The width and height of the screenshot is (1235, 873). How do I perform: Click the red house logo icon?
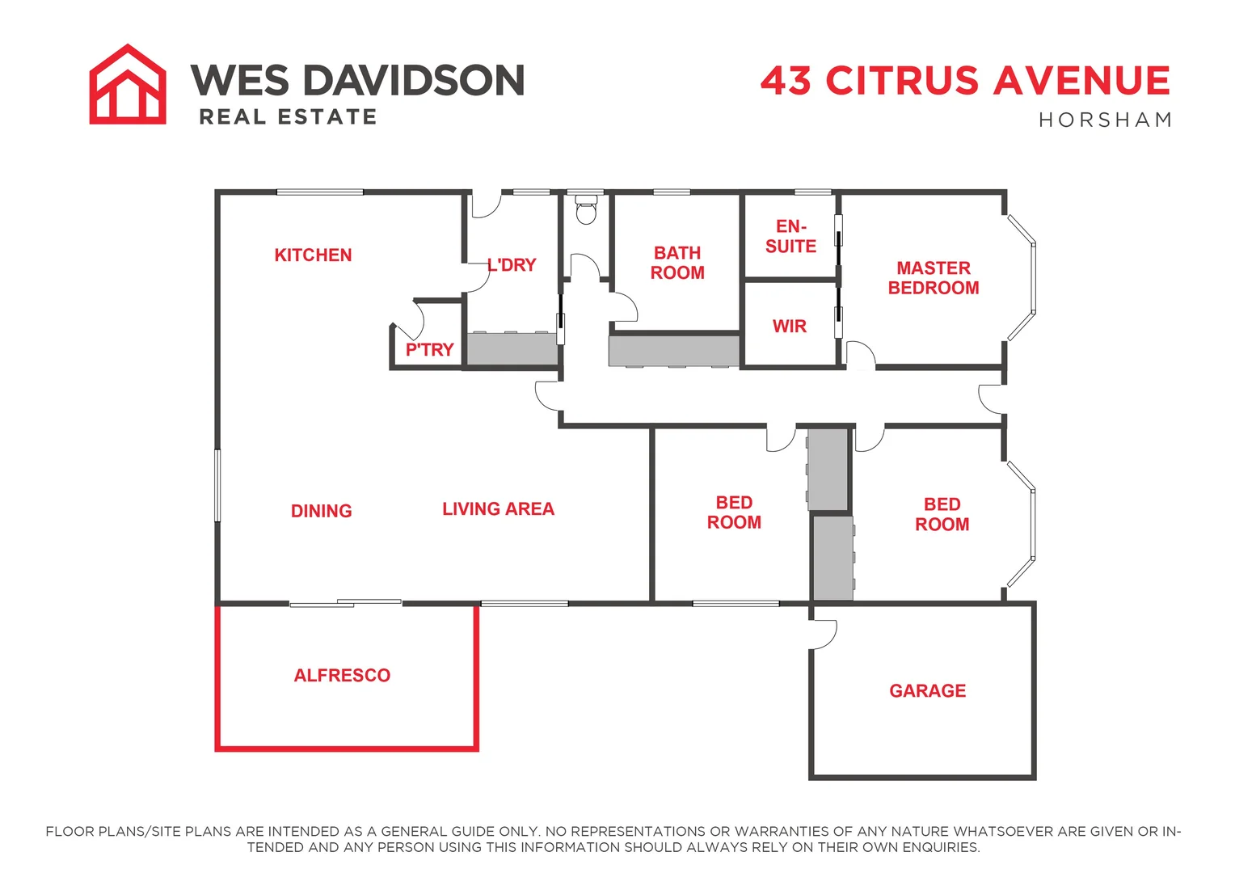(x=128, y=85)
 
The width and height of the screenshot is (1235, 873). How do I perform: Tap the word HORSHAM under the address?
(x=1105, y=120)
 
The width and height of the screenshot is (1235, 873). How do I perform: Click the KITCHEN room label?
(x=313, y=255)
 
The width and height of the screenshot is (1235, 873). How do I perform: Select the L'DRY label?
(x=512, y=265)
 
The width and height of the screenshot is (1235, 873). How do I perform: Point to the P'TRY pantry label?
(x=429, y=350)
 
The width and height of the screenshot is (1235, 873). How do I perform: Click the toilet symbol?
(x=585, y=211)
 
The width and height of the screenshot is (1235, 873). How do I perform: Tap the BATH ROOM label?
(x=677, y=264)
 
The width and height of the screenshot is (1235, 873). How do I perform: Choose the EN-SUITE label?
(x=790, y=237)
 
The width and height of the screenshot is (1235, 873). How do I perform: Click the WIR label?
(x=790, y=327)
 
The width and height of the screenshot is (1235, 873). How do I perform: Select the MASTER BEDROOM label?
(x=934, y=278)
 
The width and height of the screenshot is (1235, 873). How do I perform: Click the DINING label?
(x=321, y=511)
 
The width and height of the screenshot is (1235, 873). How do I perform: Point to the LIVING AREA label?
(x=498, y=509)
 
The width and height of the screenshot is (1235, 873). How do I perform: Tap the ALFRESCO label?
(x=342, y=676)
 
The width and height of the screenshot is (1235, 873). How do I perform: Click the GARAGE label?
(x=928, y=691)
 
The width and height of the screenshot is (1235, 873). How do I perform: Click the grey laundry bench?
(x=512, y=348)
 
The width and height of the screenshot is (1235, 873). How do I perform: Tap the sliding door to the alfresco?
(x=346, y=603)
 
